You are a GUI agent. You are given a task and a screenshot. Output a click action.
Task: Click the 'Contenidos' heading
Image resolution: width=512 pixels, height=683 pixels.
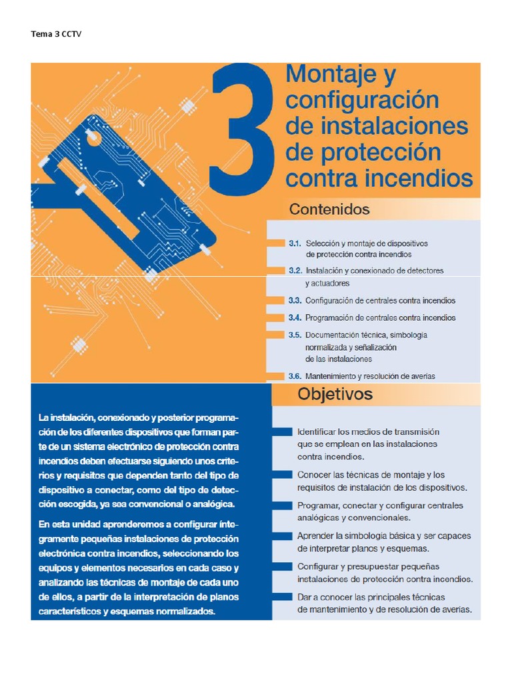coord(329,209)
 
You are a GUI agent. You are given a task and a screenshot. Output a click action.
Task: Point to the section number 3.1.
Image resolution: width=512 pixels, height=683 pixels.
coord(295,243)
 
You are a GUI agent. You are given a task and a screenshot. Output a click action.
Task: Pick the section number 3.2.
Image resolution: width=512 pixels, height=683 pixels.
coord(295,271)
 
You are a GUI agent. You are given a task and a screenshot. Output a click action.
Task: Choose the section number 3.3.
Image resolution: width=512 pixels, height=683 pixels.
coord(295,300)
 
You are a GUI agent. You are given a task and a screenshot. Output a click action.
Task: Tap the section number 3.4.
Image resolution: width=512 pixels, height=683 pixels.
coord(295,317)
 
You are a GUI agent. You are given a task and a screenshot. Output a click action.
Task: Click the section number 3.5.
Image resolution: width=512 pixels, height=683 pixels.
coord(295,334)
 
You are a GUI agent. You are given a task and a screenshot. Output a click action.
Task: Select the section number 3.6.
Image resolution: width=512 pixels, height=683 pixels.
coord(295,376)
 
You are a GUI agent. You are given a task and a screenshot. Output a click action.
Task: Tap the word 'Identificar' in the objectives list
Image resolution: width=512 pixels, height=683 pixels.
coord(319,432)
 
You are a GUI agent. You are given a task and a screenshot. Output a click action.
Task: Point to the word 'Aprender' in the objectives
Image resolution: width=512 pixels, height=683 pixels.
coord(317,536)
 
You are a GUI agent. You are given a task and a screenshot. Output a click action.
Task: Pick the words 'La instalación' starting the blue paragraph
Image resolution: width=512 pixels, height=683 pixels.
coord(64,418)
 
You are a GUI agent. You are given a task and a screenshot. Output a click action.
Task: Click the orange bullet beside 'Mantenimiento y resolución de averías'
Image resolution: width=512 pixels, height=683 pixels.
coord(275,376)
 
